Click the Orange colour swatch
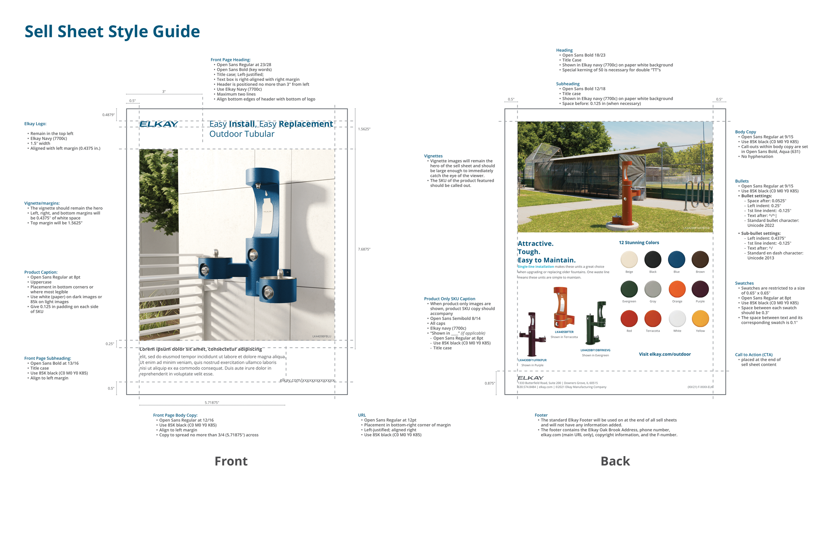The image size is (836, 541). coord(677,289)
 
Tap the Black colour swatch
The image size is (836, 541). coord(653,259)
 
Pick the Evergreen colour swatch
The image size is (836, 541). coord(629,289)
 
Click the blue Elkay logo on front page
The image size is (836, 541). coord(159,124)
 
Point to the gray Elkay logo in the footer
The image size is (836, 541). coord(530,378)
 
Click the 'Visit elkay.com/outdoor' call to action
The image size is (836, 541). coord(664,354)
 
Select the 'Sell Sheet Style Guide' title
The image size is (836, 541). coord(112,31)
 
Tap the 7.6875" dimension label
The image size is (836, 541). coord(364,249)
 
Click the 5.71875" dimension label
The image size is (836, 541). coord(212,403)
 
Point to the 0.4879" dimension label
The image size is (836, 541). coord(108,115)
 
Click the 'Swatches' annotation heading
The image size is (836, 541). coord(744,283)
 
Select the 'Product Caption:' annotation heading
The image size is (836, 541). coord(41,272)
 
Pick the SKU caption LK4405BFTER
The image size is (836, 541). coord(564,332)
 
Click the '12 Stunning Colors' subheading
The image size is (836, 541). coord(639,243)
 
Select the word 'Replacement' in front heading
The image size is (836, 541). coord(306,124)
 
